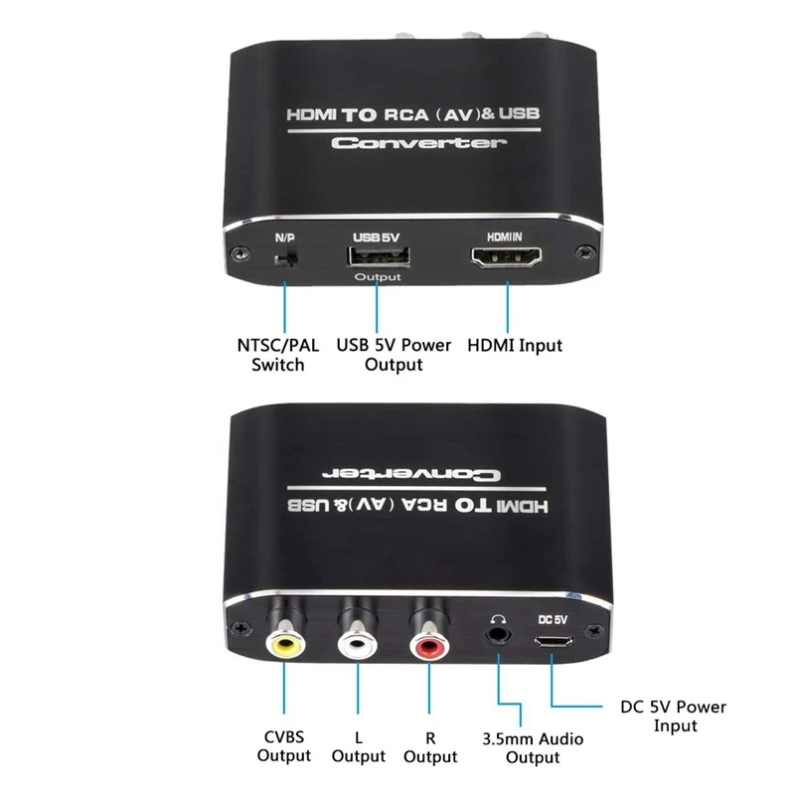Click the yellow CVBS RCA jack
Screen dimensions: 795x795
tap(285, 645)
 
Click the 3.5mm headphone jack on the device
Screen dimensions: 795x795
tap(497, 632)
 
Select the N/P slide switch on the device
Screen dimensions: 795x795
tap(285, 260)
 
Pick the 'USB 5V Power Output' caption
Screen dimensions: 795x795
tap(394, 355)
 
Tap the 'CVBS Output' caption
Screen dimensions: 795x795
tap(285, 746)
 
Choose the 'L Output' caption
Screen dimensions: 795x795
tap(359, 746)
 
